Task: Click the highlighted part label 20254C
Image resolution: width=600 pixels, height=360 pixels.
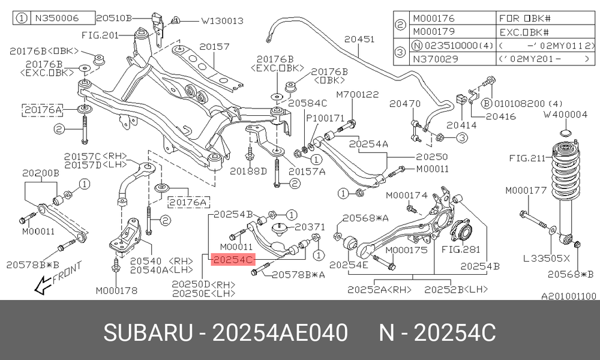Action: (233, 260)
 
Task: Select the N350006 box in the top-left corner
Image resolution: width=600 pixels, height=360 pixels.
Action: (53, 18)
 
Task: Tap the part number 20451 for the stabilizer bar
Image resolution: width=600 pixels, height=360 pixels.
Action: (359, 39)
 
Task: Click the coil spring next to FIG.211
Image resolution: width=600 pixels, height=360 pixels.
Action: (565, 169)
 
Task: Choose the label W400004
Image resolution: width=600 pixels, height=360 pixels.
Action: (566, 115)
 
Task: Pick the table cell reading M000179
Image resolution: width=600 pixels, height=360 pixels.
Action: (434, 32)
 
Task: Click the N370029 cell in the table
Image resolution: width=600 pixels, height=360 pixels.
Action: (434, 59)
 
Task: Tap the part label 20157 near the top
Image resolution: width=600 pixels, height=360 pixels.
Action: (215, 47)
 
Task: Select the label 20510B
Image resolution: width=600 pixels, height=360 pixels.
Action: (113, 17)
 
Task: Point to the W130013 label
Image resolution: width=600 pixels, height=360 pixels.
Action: (223, 20)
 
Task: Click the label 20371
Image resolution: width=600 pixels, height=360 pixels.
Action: (310, 227)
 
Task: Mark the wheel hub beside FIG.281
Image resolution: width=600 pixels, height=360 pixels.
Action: (461, 233)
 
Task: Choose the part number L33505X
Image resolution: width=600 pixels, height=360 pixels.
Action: (547, 259)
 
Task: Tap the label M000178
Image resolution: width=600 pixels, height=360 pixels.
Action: (116, 291)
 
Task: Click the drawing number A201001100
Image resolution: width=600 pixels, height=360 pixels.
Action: (569, 296)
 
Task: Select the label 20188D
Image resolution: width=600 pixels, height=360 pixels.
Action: (248, 172)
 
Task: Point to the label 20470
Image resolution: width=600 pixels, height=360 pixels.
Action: (405, 104)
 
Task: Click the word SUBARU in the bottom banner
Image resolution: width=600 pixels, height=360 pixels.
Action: (148, 332)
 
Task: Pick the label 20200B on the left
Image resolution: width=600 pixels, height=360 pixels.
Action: (41, 173)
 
